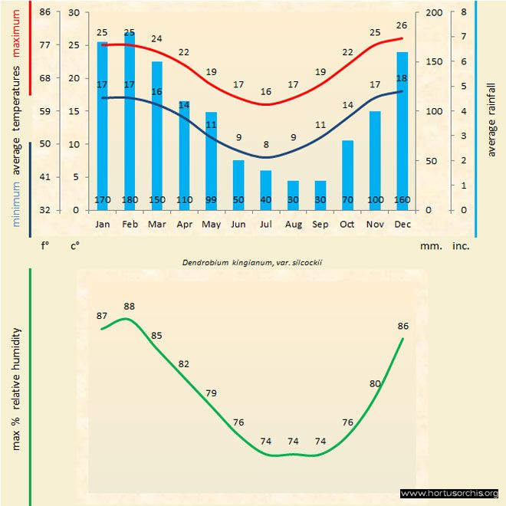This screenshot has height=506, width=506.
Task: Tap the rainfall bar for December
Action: coord(402,130)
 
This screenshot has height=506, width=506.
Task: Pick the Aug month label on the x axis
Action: coord(293,225)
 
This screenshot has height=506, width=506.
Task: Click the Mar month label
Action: coord(157,225)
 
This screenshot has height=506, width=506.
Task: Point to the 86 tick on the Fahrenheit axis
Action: coord(45,12)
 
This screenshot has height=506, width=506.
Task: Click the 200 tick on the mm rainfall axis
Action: coord(433,12)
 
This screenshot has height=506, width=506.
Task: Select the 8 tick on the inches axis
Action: coord(465,12)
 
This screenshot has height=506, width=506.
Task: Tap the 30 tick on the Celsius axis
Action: coord(74,12)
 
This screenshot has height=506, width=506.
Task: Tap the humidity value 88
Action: coord(130,307)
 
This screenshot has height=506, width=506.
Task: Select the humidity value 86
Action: coord(403,326)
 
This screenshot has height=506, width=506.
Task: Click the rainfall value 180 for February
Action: coord(130,201)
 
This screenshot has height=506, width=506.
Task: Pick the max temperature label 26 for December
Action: coord(402,25)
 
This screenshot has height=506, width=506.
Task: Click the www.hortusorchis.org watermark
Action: coord(449,493)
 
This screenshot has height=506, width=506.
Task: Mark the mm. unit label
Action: coord(429,246)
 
